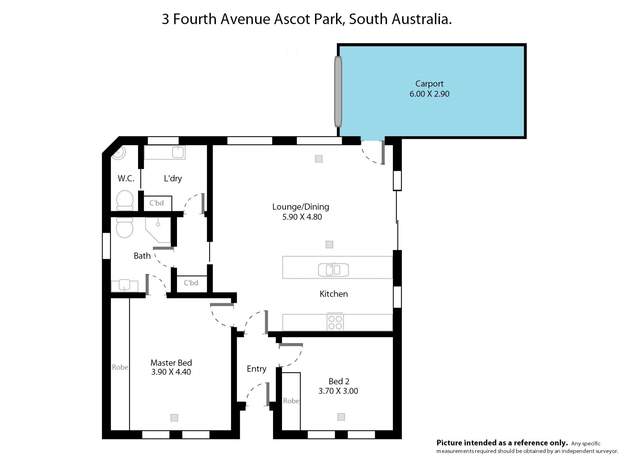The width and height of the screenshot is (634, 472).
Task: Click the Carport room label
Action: (429, 84)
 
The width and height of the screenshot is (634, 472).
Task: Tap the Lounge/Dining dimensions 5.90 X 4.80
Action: (302, 217)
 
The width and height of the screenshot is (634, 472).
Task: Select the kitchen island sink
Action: (333, 270)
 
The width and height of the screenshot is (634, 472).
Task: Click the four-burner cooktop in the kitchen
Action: (335, 322)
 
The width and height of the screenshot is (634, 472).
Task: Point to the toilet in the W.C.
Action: (125, 200)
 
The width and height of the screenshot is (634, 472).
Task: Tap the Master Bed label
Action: (171, 363)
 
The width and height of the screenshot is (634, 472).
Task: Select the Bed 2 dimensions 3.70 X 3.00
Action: (338, 391)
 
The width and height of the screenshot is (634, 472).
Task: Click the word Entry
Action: (256, 369)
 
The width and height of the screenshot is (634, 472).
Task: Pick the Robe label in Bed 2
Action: (291, 401)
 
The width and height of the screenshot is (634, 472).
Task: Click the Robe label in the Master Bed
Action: (120, 367)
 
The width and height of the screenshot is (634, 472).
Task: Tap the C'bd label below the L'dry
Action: (157, 203)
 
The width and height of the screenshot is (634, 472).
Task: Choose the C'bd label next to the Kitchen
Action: (191, 283)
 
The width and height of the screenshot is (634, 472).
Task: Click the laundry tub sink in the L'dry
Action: (178, 152)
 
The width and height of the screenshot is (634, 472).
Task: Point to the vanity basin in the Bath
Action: (124, 285)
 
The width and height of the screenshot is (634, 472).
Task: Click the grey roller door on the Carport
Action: (338, 92)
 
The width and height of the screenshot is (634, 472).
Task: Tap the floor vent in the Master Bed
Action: (174, 418)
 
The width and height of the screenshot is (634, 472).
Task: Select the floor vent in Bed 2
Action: (341, 417)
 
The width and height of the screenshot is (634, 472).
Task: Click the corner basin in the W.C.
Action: (119, 152)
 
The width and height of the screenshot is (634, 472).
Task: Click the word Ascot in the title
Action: (292, 19)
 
